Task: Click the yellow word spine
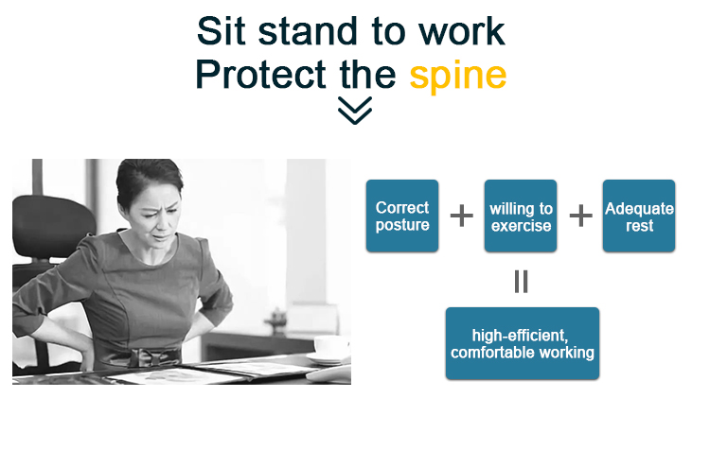pyautogui.click(x=458, y=76)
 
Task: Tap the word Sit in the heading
pyautogui.click(x=221, y=31)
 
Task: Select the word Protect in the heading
pyautogui.click(x=261, y=74)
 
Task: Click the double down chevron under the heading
pyautogui.click(x=355, y=110)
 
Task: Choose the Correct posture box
pyautogui.click(x=402, y=216)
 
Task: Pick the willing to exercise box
pyautogui.click(x=521, y=216)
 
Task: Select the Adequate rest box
pyautogui.click(x=639, y=216)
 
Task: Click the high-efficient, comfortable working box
pyautogui.click(x=522, y=343)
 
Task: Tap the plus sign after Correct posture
pyautogui.click(x=461, y=216)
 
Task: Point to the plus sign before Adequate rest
pyautogui.click(x=580, y=216)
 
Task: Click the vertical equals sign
pyautogui.click(x=522, y=282)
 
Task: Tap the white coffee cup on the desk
pyautogui.click(x=331, y=347)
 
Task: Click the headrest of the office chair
pyautogui.click(x=51, y=226)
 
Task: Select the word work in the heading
pyautogui.click(x=461, y=31)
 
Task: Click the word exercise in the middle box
pyautogui.click(x=522, y=225)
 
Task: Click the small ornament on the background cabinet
pyautogui.click(x=276, y=319)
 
